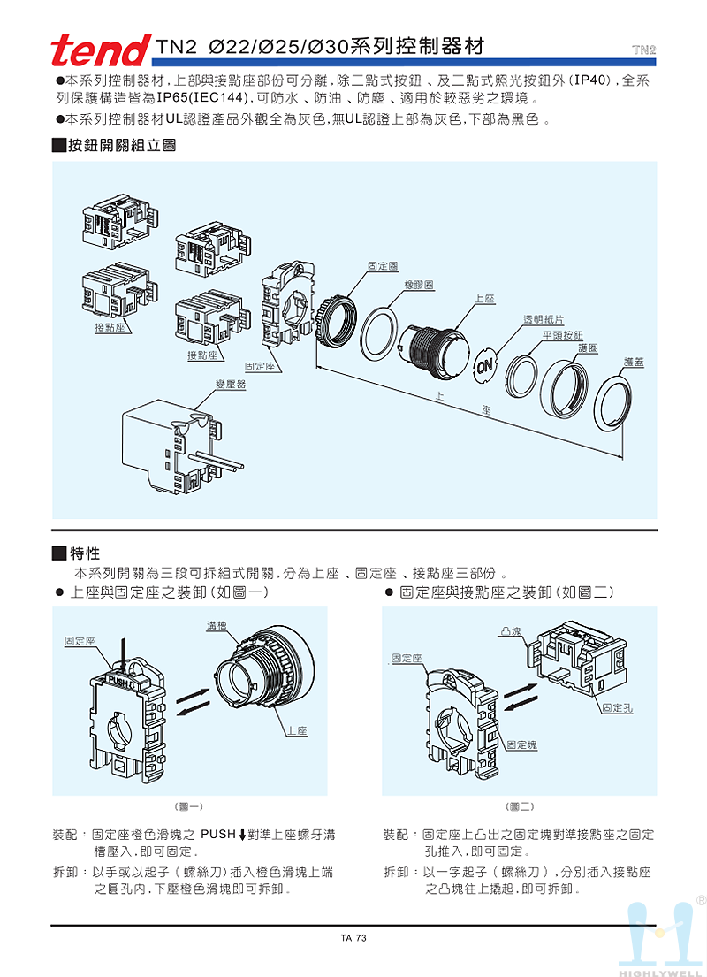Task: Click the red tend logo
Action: (x=100, y=51)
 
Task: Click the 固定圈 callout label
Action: (x=381, y=265)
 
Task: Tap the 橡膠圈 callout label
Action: (x=418, y=286)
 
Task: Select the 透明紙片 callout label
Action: (x=544, y=318)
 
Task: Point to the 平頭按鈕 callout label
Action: (x=563, y=335)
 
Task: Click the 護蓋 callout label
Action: (x=633, y=361)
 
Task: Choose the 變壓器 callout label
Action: (x=231, y=385)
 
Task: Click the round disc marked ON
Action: (x=486, y=366)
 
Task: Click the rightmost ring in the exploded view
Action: (x=612, y=402)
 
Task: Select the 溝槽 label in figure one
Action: (x=217, y=626)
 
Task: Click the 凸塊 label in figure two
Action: (x=509, y=631)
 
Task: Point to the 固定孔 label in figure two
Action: (x=616, y=707)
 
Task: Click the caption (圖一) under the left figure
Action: (x=190, y=806)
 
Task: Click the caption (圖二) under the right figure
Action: (x=521, y=806)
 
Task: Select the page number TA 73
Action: (x=353, y=938)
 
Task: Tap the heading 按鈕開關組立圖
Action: (x=121, y=145)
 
